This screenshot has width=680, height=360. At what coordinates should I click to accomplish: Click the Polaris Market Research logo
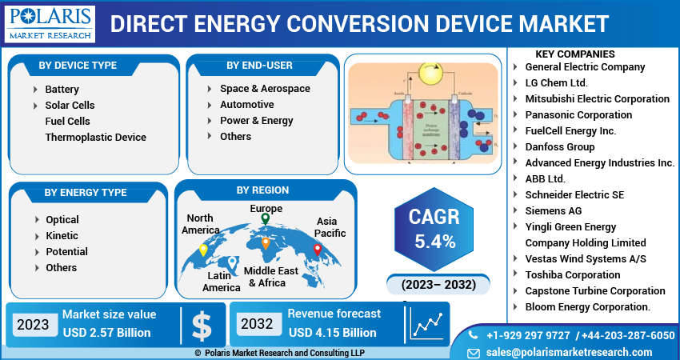pos(50,23)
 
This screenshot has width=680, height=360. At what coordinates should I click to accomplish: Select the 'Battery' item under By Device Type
pos(62,89)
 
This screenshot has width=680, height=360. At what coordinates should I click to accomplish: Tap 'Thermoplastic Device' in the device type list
pos(95,137)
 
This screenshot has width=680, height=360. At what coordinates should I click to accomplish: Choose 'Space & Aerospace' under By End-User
pos(265,88)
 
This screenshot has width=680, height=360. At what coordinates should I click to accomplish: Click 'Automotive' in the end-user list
pos(246,104)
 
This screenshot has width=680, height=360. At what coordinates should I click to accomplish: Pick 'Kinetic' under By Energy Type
pos(62,235)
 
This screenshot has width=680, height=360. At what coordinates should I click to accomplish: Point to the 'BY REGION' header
pos(262,190)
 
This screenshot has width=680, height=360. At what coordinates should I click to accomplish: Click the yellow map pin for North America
pos(203,249)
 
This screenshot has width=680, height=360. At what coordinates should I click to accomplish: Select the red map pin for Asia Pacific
pos(317,249)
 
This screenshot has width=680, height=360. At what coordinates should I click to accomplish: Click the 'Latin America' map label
pos(221,281)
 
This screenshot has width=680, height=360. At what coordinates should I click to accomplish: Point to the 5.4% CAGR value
pos(434,241)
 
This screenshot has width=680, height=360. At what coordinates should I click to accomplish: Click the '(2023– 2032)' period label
pos(432,284)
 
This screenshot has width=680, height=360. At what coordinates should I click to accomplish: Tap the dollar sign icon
pos(202,324)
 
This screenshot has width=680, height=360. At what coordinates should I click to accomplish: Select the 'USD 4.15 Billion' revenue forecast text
pos(332,332)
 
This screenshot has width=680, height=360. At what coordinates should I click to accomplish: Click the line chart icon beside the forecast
pos(426,324)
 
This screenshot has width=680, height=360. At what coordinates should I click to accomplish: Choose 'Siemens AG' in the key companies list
pos(553,210)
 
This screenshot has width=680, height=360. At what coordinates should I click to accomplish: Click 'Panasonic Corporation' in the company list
pos(578,114)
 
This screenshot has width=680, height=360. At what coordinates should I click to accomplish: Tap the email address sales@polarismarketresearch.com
pos(569,352)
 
